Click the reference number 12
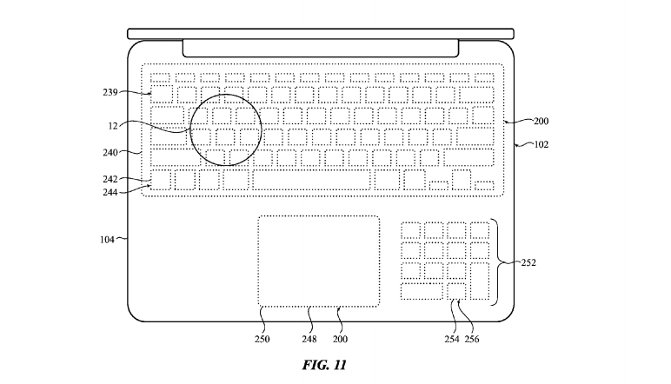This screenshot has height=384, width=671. tap(113, 126)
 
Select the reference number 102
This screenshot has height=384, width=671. tap(541, 146)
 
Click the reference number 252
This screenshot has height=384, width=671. tap(528, 262)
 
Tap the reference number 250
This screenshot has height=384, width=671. tap(262, 339)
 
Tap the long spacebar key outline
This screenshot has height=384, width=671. tap(311, 181)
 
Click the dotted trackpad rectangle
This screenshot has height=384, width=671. tap(318, 261)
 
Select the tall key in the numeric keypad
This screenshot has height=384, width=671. tap(481, 282)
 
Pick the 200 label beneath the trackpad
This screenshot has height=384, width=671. tap(340, 339)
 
